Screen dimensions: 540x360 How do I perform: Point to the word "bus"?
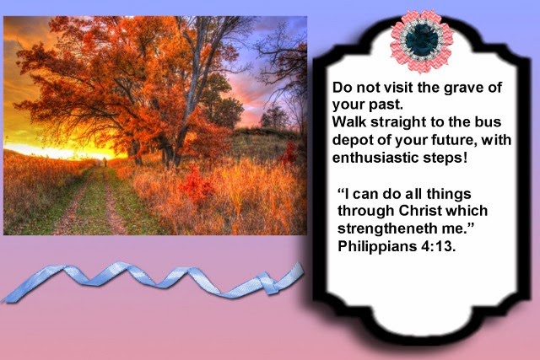coord(489,122)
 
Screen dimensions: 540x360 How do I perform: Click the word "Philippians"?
coord(376,247)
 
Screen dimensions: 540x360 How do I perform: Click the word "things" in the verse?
coord(449,195)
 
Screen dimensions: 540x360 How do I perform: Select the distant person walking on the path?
coord(105,162)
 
